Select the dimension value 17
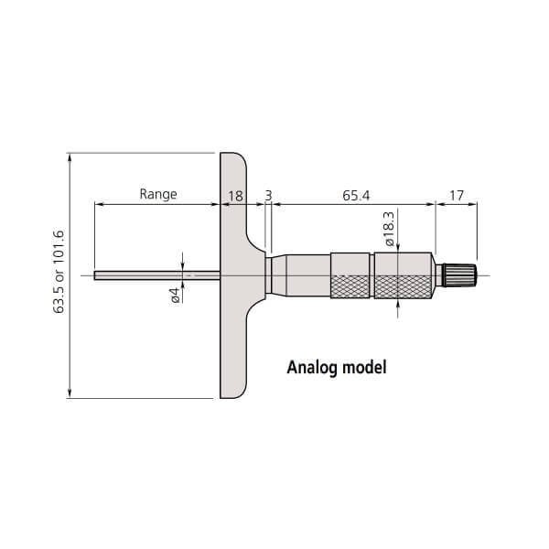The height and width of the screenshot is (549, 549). tap(457, 194)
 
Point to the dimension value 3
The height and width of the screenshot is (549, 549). tap(267, 194)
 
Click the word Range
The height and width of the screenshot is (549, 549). tap(157, 194)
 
